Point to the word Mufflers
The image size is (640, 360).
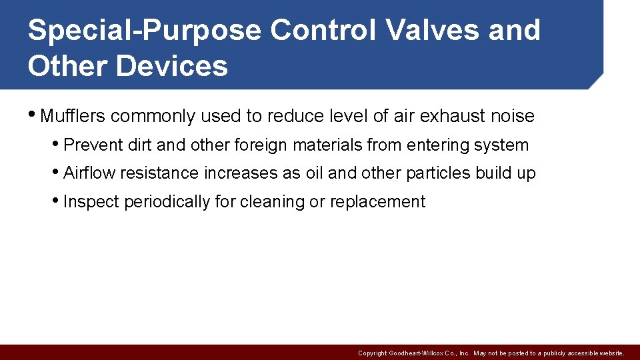pos(73,116)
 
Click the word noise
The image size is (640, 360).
pos(513,116)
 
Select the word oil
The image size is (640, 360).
pos(314,173)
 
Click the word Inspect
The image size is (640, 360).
pos(91,202)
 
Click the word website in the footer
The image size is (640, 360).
pos(610,353)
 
